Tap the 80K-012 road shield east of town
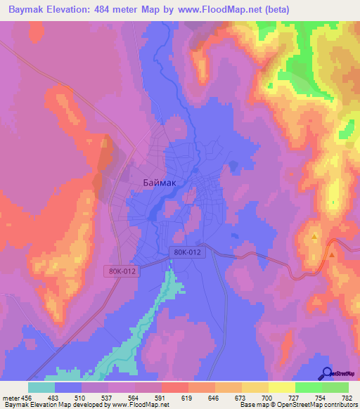click(x=187, y=252)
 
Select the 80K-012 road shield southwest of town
click(x=120, y=270)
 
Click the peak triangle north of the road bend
click(x=314, y=238)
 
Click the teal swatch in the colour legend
click(x=41, y=387)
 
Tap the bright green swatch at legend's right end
click(x=335, y=387)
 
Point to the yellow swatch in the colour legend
click(x=281, y=387)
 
